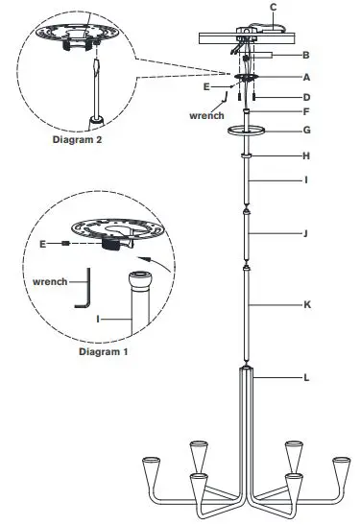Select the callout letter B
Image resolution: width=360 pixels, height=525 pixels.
[306, 55]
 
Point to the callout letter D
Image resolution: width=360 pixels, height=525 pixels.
[306, 97]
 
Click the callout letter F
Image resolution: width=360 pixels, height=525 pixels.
[306, 111]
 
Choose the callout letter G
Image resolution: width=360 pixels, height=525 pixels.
[306, 129]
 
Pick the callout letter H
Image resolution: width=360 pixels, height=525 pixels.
[306, 155]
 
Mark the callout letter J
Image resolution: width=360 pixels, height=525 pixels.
[306, 232]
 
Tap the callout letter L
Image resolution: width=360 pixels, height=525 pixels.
[306, 377]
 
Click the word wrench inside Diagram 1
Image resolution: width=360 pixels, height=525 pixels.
[47, 282]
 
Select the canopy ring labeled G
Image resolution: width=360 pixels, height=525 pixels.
[247, 130]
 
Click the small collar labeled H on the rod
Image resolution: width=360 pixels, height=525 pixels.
[247, 155]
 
